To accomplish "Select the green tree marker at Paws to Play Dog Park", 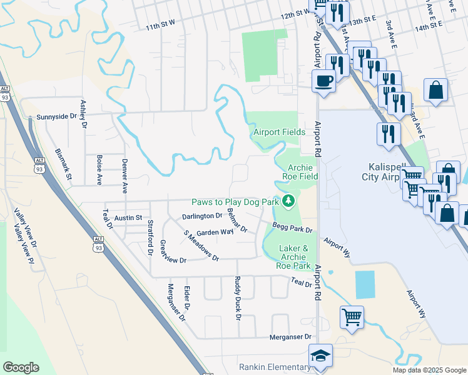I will (288, 201).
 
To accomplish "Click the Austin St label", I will (128, 218).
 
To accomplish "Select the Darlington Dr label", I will (202, 216).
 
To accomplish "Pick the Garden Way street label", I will (215, 232).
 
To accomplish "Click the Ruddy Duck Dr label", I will (238, 299).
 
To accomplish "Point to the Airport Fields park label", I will (279, 132).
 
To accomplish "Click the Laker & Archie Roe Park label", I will (293, 257).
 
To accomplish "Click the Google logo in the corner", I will (21, 367).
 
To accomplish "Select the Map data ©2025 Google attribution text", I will (429, 370).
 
